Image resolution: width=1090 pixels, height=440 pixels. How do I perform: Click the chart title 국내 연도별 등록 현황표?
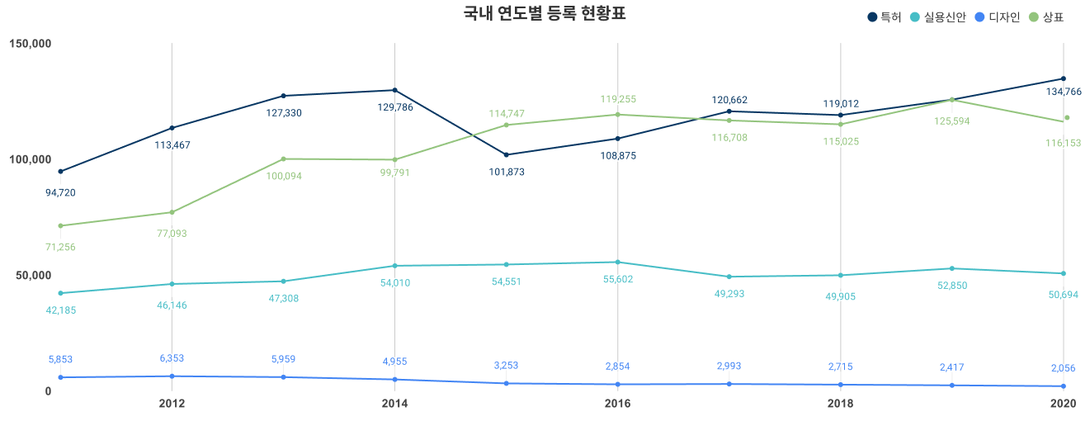point(545,14)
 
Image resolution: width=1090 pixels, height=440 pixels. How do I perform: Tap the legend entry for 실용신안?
point(937,17)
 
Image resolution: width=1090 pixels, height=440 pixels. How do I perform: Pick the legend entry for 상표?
point(1045,17)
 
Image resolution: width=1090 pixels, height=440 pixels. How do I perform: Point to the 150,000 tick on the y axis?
point(31,43)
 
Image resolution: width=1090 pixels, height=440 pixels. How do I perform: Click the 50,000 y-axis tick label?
point(34,275)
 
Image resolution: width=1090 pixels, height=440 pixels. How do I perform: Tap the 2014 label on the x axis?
point(394,404)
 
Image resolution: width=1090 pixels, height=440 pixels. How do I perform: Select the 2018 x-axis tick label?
point(841,404)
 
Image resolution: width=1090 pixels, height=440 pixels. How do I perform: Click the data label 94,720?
point(60,192)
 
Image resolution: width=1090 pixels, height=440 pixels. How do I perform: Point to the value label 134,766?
point(1063,92)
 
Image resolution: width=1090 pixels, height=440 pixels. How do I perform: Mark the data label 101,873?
point(507,172)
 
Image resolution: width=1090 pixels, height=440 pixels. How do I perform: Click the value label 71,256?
point(60,247)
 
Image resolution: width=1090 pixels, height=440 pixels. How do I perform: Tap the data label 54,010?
point(394,283)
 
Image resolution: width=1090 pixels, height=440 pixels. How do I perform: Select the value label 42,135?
point(60,310)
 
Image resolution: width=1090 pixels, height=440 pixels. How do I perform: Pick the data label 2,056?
point(1063,368)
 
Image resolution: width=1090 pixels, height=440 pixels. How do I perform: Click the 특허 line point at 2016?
point(618,138)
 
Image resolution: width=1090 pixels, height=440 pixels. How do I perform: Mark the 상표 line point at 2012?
point(172,212)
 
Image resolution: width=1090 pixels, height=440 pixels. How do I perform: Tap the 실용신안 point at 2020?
point(1063,273)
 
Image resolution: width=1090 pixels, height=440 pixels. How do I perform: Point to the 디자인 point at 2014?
point(394,380)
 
